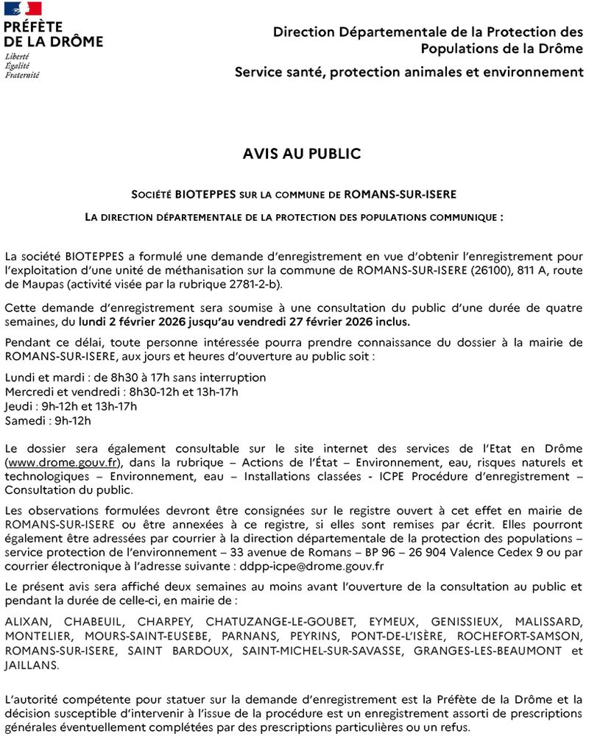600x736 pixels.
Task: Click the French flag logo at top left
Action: click(23, 9)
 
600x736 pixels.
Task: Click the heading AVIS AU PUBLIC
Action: click(302, 154)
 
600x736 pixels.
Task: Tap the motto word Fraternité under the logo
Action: click(22, 75)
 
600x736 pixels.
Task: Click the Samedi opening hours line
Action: click(48, 421)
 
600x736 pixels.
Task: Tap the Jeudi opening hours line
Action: click(71, 406)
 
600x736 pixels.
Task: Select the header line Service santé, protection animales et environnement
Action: click(409, 72)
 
